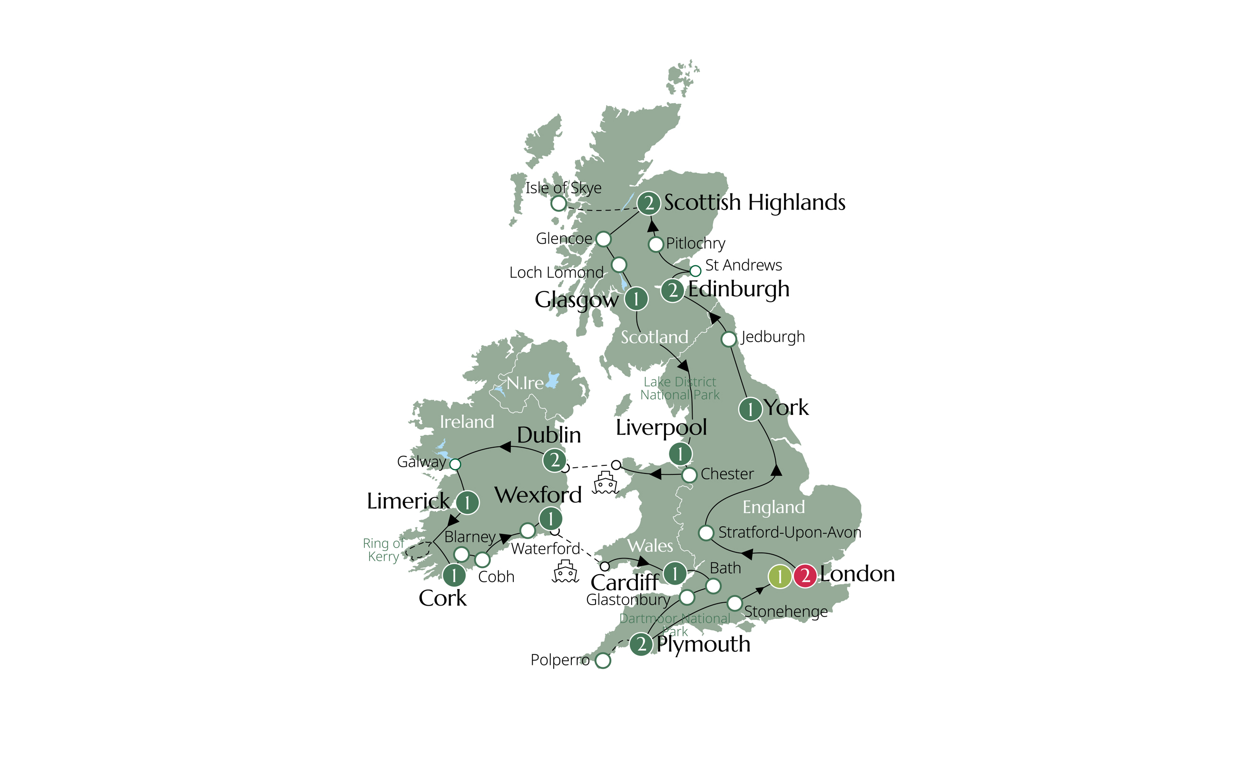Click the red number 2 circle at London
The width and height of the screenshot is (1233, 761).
point(805,576)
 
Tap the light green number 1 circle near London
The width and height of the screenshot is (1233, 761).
point(779,576)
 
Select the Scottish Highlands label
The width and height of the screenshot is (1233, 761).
point(754,202)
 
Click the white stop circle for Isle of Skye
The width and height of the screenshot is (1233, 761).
point(558,203)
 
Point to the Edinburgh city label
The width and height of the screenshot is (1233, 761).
point(738,289)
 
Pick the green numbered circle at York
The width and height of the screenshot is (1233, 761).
point(750,409)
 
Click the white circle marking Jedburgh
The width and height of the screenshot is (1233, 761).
point(728,339)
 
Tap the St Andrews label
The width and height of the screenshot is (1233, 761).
point(743,265)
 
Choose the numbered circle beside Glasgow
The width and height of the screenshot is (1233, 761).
point(636,299)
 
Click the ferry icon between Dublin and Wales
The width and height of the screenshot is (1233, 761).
point(605,482)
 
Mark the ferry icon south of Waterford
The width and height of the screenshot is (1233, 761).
point(565,571)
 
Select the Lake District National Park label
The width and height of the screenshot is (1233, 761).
point(679,388)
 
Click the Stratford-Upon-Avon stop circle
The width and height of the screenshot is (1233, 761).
point(705,532)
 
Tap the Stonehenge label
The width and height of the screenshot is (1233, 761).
point(785,612)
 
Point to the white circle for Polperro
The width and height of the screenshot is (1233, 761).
point(603,660)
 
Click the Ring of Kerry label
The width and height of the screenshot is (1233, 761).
point(383,549)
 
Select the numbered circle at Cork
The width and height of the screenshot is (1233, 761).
point(454,575)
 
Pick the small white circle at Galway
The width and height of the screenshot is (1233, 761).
point(455,464)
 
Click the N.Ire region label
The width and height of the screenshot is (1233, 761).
point(525,383)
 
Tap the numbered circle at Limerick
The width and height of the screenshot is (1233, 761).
point(468,502)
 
